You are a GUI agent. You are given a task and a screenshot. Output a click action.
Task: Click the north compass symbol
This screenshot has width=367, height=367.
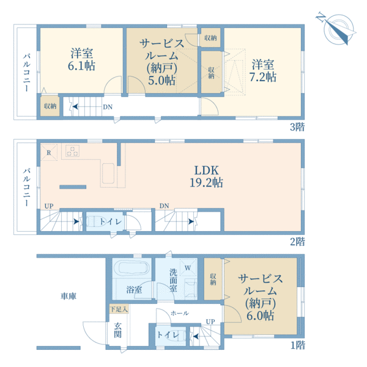point(337,29)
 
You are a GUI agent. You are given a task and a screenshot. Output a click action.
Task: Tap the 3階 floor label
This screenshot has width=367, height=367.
point(297,127)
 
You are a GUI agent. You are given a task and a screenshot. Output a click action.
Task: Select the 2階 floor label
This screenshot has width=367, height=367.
point(297,242)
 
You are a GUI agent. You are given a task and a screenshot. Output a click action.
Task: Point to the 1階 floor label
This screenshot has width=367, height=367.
point(298,345)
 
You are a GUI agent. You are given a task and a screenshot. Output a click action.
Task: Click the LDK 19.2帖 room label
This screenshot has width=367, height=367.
point(207,176)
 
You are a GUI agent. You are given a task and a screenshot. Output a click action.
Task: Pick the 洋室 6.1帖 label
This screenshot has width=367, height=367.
point(82,59)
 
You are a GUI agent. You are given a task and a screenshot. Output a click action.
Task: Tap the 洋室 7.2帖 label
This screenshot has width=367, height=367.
point(263,71)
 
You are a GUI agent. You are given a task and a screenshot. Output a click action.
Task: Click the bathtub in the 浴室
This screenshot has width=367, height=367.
point(134,267)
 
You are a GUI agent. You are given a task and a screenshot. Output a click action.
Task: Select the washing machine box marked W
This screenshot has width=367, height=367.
point(188,267)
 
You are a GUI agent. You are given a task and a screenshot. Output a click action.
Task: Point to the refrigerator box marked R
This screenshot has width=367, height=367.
point(49,152)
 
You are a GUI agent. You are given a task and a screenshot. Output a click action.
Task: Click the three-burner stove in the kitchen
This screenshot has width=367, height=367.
point(72,150)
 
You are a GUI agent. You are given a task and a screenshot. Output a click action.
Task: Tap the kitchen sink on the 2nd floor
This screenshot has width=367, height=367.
point(108,174)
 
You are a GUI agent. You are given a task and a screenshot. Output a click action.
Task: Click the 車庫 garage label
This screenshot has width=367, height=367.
point(69,296)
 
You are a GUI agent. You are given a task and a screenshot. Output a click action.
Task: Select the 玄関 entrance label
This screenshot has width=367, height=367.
point(117,330)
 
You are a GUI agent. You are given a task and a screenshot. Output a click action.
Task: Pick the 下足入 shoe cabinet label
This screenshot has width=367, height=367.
point(119,310)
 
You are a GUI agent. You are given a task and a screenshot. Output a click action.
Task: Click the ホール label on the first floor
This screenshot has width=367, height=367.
point(180,313)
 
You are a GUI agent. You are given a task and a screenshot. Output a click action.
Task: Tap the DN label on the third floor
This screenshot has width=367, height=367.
point(108,107)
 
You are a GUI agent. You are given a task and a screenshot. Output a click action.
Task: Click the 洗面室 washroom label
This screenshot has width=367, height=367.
point(174,280)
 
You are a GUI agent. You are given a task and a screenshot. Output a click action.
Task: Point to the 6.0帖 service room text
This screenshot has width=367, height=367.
point(261,316)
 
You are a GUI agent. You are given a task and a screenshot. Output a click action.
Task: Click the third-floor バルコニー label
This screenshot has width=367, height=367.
point(27,73)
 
